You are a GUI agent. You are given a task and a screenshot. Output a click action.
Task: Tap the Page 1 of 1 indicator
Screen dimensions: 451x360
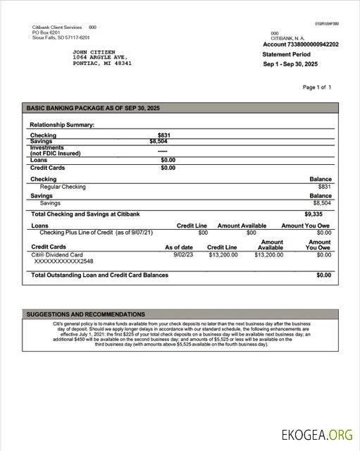click(x=316, y=87)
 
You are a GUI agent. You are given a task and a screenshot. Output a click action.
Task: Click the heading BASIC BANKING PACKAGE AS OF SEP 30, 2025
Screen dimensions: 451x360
click(x=93, y=108)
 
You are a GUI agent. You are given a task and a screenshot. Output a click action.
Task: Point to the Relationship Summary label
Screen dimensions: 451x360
click(x=62, y=125)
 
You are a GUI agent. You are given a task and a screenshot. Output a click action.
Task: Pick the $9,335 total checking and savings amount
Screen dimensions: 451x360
click(x=314, y=214)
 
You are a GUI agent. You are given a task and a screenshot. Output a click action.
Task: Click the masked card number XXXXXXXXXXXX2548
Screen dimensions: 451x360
click(x=63, y=261)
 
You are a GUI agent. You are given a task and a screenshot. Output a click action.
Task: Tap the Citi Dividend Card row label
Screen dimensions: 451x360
click(x=57, y=254)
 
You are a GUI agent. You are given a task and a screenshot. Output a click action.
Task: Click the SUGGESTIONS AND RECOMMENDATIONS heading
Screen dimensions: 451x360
click(x=86, y=314)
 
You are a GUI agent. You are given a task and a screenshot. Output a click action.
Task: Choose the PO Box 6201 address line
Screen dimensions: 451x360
click(x=46, y=32)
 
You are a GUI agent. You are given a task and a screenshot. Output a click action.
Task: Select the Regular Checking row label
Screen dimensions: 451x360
click(x=63, y=187)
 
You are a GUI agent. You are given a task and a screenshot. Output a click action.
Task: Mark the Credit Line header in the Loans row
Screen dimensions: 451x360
click(x=192, y=225)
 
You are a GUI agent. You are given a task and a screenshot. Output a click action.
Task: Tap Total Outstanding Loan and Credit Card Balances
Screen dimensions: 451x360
click(x=99, y=275)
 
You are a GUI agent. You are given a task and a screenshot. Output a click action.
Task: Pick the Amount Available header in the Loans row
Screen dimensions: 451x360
click(x=242, y=225)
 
